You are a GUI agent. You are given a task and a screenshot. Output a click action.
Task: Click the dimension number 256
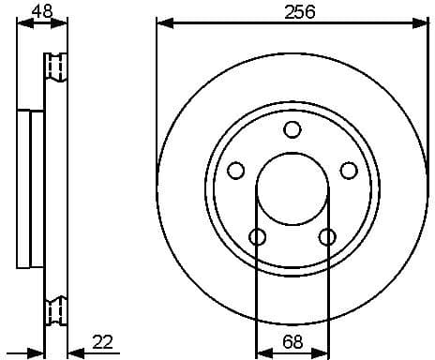298,12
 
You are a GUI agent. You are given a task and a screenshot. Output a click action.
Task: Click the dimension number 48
41,12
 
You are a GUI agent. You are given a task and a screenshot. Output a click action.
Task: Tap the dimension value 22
104,343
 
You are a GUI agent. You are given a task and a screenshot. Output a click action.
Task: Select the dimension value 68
292,343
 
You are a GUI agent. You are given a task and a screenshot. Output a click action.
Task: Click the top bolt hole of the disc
292,129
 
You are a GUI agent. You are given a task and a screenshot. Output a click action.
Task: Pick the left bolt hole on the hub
236,171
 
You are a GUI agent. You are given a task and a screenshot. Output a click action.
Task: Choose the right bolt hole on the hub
349,171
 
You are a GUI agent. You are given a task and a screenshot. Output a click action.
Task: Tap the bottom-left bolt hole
257,236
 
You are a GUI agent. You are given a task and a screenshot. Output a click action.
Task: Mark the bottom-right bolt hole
327,236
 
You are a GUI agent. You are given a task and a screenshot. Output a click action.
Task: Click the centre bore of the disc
292,188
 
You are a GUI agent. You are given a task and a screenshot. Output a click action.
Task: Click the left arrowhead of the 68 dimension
262,353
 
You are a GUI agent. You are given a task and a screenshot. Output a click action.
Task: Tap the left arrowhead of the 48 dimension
23,23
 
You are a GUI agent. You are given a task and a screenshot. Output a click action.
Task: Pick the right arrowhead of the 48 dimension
64,23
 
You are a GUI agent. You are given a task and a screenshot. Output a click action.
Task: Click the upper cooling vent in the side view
57,68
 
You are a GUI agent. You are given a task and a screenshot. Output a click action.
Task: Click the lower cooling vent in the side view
57,308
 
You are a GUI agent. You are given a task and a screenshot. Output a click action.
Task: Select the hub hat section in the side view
30,187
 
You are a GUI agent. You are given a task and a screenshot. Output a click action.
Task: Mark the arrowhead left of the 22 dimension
37,353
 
